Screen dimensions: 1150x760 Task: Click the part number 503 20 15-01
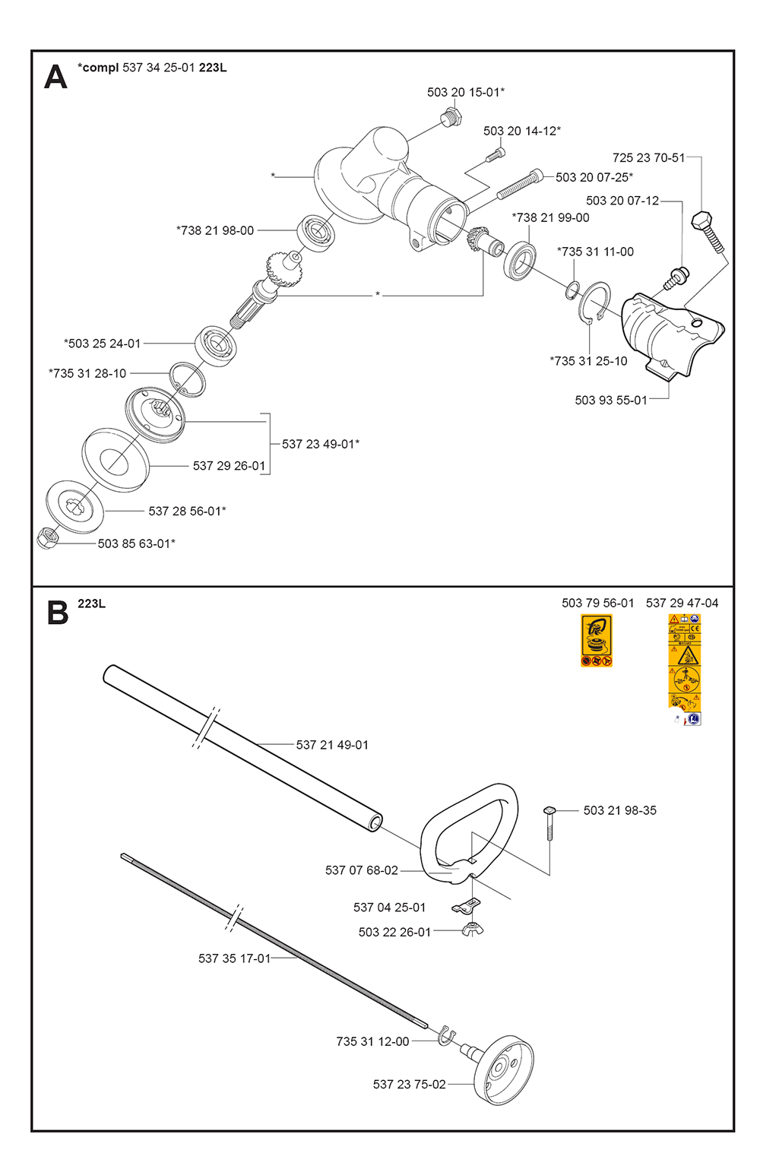pyautogui.click(x=464, y=92)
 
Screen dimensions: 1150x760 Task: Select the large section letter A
pyautogui.click(x=55, y=77)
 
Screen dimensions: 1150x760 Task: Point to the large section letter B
pyautogui.click(x=57, y=613)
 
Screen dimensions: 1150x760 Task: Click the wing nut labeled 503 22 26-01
pyautogui.click(x=472, y=929)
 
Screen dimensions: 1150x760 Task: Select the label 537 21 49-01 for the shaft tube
pyautogui.click(x=332, y=745)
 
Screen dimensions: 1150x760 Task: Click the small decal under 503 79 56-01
pyautogui.click(x=596, y=641)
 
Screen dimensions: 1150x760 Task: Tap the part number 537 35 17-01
pyautogui.click(x=234, y=958)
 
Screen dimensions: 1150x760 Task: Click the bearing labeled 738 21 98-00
pyautogui.click(x=316, y=231)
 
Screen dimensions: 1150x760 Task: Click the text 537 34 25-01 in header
pyautogui.click(x=159, y=68)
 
